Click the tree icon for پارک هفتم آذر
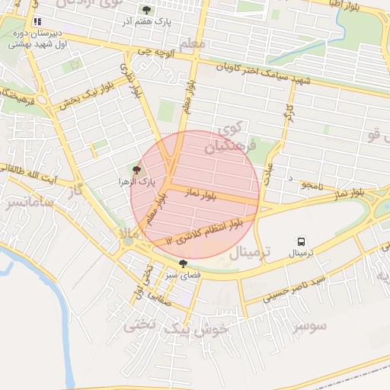click(146, 11)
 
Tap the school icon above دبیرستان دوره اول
click(37, 21)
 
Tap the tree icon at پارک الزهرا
click(136, 171)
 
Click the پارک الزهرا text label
click(136, 183)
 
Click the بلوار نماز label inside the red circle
click(206, 195)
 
